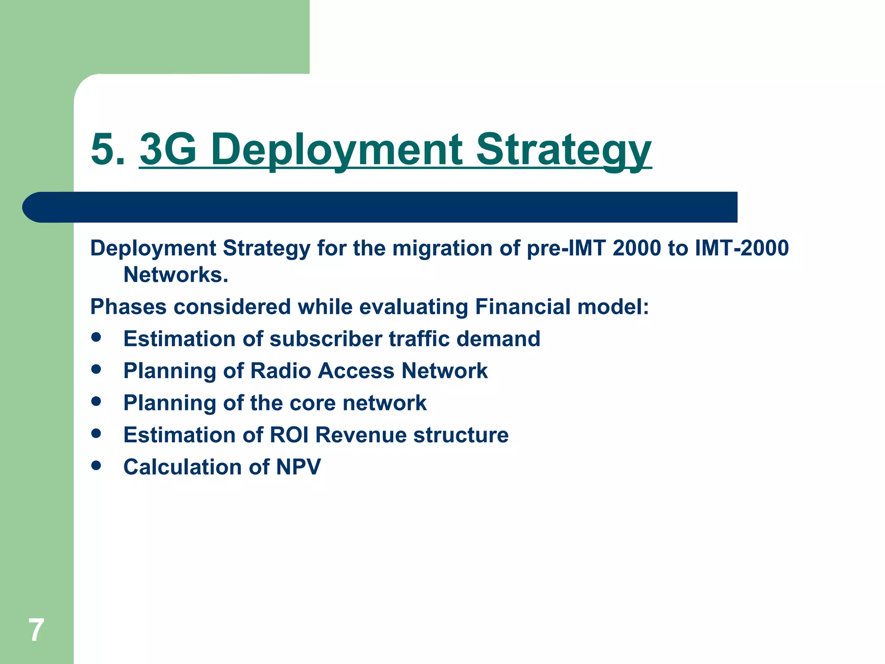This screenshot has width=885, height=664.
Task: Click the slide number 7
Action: coord(36,630)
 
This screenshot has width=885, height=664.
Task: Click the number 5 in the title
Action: coord(104,149)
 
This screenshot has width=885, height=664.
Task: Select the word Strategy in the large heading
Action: coord(563,149)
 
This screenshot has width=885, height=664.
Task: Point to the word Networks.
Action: coord(175,275)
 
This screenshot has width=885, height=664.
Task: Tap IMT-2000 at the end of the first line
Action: coord(742,248)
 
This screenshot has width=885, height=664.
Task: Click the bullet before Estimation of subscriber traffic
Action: coord(96,337)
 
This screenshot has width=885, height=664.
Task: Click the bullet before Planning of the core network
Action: coord(96,401)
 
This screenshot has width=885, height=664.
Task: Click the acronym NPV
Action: coord(298,467)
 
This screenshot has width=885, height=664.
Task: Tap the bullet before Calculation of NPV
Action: coord(96,465)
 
